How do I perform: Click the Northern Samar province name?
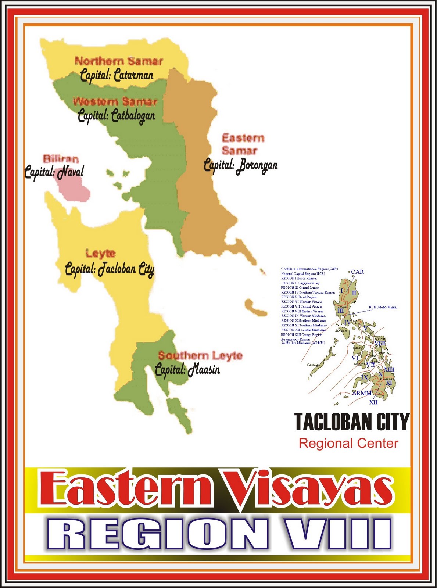point(118,61)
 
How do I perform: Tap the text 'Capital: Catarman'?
point(117,75)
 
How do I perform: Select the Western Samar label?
point(115,101)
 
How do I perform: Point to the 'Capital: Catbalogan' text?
point(116,116)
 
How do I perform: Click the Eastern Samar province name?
point(243,144)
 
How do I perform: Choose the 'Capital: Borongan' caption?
point(241,165)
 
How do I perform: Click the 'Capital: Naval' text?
point(54,172)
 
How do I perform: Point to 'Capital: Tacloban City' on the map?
point(110,269)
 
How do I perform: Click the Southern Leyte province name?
point(200,356)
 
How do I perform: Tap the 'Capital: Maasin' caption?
point(187,369)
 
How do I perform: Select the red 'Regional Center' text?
point(348,443)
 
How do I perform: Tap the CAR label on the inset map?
point(357,272)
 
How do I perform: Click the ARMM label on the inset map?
point(362,393)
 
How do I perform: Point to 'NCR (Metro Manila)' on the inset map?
point(383,307)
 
